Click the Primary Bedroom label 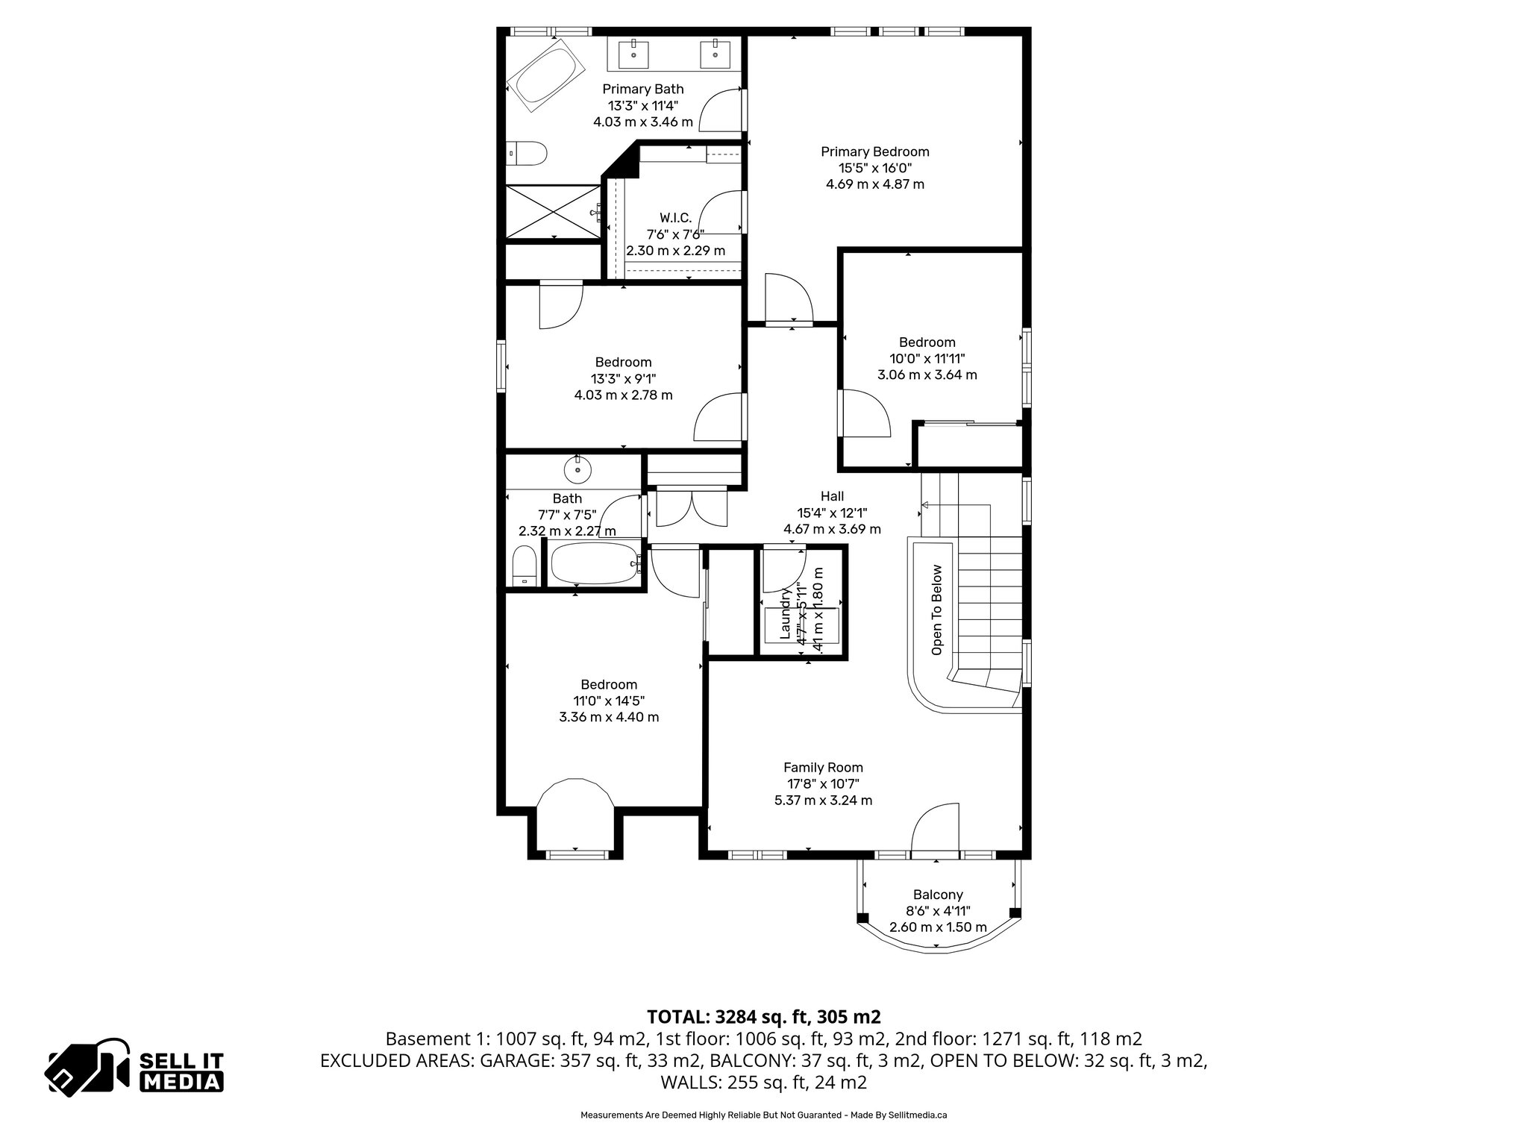(874, 151)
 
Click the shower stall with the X (553, 212)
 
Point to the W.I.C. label (675, 218)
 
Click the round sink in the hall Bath (577, 470)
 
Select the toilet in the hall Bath (525, 567)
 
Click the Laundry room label (786, 613)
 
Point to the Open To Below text (937, 610)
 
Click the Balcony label (938, 895)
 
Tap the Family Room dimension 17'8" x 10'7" (823, 783)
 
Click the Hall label (832, 496)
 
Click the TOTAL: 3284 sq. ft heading (763, 1016)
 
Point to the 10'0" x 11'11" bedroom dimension (927, 358)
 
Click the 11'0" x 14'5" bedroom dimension (609, 701)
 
